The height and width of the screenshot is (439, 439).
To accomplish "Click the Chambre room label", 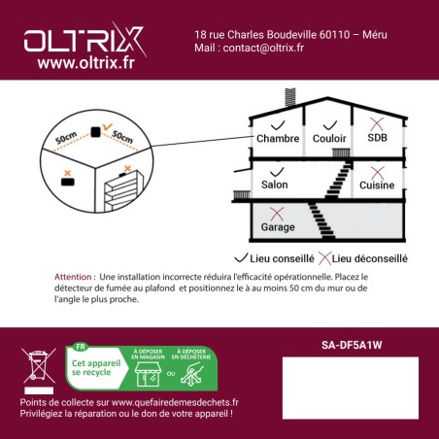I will pyautogui.click(x=278, y=139).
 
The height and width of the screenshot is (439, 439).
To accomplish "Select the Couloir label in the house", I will pyautogui.click(x=328, y=139).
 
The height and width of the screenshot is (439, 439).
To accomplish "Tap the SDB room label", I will pyautogui.click(x=376, y=139).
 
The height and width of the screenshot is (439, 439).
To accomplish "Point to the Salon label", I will pyautogui.click(x=275, y=184).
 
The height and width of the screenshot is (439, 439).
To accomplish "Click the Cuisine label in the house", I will pyautogui.click(x=377, y=184).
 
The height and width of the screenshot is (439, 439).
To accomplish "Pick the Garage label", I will pyautogui.click(x=278, y=226).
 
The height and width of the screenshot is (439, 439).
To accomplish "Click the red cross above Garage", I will pyautogui.click(x=277, y=212).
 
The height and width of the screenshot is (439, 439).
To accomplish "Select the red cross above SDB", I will pyautogui.click(x=376, y=123).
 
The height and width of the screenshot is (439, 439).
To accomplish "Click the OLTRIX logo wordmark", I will pyautogui.click(x=83, y=41).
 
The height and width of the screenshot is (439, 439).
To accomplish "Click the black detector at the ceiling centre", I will pyautogui.click(x=95, y=130).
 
